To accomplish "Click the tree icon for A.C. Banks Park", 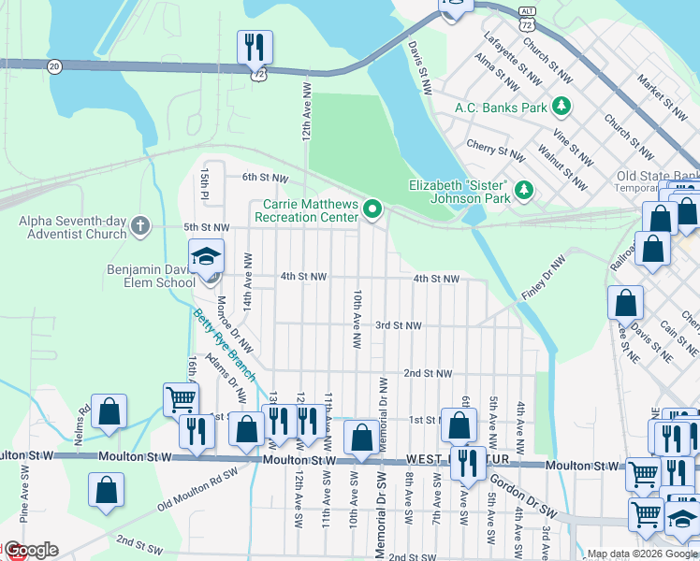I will click(561, 107).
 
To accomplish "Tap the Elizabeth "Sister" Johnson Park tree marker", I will click(525, 192).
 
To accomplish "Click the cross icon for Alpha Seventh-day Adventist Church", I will click(139, 225).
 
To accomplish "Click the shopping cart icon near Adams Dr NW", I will click(180, 399).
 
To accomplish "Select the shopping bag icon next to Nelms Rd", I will click(109, 411).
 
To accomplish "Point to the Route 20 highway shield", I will click(52, 65).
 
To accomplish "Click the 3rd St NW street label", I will click(398, 325).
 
